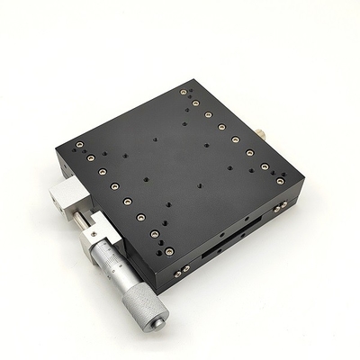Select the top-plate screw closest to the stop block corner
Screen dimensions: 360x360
[79, 149]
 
